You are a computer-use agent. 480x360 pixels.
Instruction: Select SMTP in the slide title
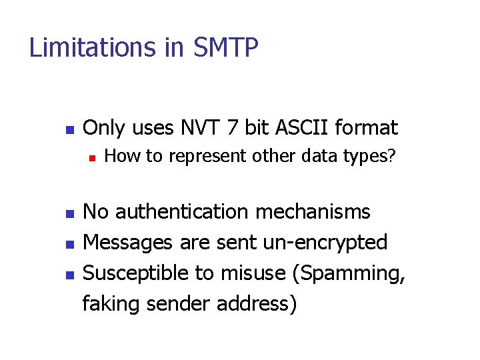(x=226, y=48)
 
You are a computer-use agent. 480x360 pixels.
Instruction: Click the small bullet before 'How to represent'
(x=92, y=159)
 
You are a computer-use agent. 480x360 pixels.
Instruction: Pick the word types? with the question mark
(x=372, y=157)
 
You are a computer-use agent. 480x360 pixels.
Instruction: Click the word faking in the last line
(x=111, y=303)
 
